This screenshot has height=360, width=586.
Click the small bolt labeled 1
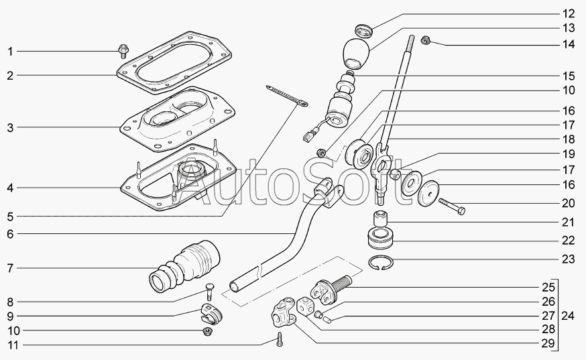(123, 51)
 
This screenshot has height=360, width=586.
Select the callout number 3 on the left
(10, 127)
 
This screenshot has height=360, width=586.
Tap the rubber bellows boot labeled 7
(184, 267)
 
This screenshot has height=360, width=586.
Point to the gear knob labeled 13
(357, 54)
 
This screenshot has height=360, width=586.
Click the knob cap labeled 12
(363, 30)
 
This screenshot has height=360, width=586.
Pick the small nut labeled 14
(425, 40)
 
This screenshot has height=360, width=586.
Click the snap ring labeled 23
(380, 262)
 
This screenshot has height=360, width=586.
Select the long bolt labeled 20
(452, 206)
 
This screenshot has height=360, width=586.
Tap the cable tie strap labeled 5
(287, 96)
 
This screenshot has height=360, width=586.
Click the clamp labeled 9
(211, 313)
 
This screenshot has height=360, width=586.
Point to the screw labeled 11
(280, 339)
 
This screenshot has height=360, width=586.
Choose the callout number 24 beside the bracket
(567, 316)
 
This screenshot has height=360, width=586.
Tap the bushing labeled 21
(380, 219)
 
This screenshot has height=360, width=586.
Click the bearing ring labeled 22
(381, 238)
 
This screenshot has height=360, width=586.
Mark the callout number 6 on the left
(10, 235)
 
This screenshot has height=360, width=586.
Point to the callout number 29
(548, 343)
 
